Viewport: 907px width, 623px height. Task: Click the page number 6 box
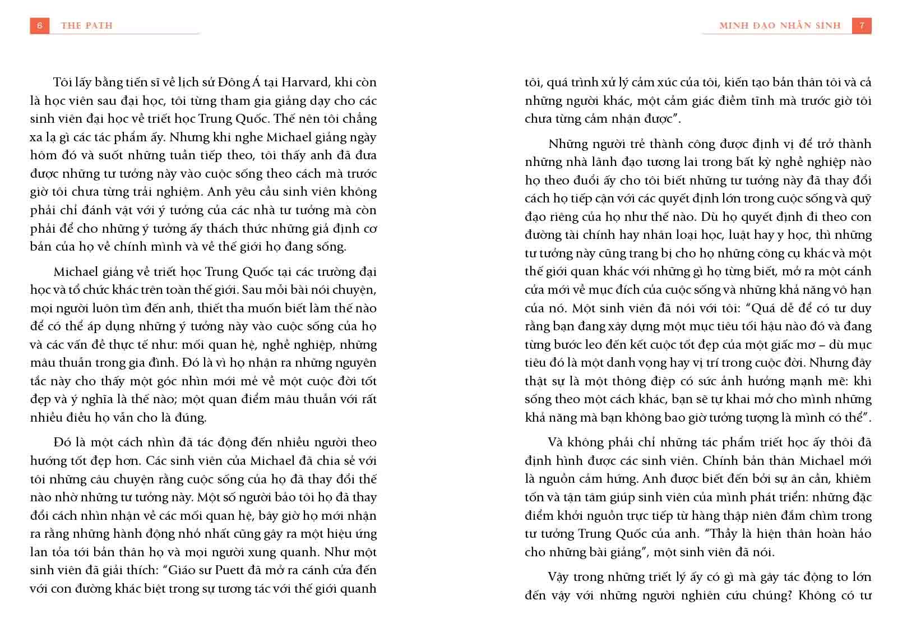click(39, 26)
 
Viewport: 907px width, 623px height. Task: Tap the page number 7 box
click(862, 26)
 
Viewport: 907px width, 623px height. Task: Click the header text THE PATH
click(87, 26)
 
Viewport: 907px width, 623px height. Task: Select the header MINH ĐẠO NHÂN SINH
click(780, 26)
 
